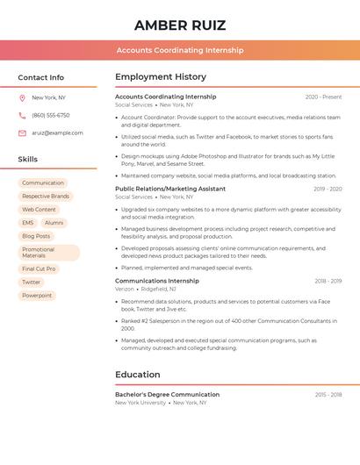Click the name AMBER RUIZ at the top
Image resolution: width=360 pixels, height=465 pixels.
pyautogui.click(x=180, y=25)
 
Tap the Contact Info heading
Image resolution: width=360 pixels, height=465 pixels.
pyautogui.click(x=41, y=77)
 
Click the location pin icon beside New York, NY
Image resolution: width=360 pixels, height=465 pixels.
pyautogui.click(x=22, y=97)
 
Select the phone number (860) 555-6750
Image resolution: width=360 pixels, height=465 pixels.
pyautogui.click(x=51, y=115)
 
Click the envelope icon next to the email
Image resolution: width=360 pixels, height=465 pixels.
pyautogui.click(x=22, y=132)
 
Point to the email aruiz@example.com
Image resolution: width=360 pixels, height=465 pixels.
pyautogui.click(x=57, y=132)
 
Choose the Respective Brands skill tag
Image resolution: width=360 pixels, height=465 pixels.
pyautogui.click(x=46, y=197)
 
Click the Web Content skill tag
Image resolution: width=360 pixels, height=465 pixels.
pyautogui.click(x=39, y=210)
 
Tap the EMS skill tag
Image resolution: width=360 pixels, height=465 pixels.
pyautogui.click(x=28, y=223)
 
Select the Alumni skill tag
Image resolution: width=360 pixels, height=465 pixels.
pyautogui.click(x=54, y=223)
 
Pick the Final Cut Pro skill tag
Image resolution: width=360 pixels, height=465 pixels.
pyautogui.click(x=39, y=268)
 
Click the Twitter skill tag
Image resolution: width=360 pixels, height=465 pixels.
pyautogui.click(x=32, y=282)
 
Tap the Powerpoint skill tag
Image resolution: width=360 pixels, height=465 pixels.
pyautogui.click(x=37, y=296)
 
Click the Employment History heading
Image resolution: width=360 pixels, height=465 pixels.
pyautogui.click(x=161, y=77)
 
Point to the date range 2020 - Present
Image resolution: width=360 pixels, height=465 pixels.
pyautogui.click(x=323, y=97)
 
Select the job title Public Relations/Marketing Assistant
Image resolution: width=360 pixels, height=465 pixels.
pyautogui.click(x=170, y=189)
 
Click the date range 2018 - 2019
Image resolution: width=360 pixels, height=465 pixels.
pyautogui.click(x=328, y=281)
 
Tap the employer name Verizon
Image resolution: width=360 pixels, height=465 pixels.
pyautogui.click(x=125, y=289)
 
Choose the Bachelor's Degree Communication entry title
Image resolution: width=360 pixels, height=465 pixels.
pyautogui.click(x=167, y=395)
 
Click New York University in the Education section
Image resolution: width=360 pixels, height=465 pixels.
pyautogui.click(x=140, y=403)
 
